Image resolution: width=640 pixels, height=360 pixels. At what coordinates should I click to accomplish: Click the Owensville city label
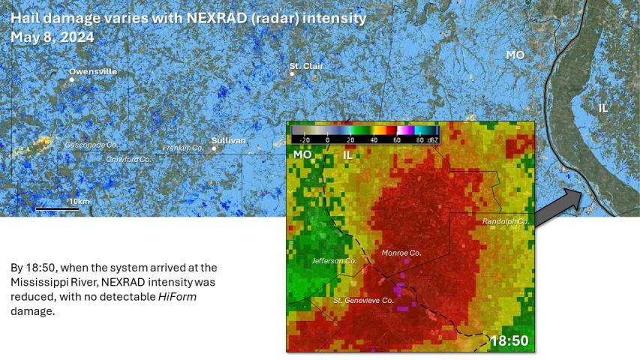(93, 71)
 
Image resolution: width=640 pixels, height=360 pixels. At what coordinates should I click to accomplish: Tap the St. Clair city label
(306, 66)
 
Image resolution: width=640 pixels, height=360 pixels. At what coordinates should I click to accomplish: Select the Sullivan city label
(228, 140)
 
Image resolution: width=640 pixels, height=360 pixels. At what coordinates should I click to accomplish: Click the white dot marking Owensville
(72, 79)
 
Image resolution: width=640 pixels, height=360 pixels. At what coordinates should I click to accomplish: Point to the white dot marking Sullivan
(214, 148)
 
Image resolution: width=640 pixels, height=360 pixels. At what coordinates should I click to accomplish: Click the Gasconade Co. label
(92, 144)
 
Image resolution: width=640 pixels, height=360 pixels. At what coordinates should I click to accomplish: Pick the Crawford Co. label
(128, 159)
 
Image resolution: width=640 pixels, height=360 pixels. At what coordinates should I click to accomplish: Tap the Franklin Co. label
(183, 148)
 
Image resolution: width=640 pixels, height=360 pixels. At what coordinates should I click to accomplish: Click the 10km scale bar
(57, 208)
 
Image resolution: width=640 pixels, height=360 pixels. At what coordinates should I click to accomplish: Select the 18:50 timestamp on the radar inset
(509, 341)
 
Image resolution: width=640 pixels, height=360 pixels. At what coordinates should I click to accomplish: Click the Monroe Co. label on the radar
(401, 253)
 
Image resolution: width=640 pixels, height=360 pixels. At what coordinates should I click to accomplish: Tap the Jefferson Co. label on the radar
(334, 260)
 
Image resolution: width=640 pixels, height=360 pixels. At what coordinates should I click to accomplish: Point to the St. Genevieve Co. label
(363, 301)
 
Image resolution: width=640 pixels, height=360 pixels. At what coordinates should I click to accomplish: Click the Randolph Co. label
(506, 221)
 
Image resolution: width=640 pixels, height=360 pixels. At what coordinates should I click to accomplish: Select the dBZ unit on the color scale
(433, 139)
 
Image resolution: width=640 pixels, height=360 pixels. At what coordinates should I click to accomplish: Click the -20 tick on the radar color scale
(304, 139)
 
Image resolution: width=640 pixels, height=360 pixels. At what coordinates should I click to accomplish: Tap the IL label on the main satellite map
(603, 108)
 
